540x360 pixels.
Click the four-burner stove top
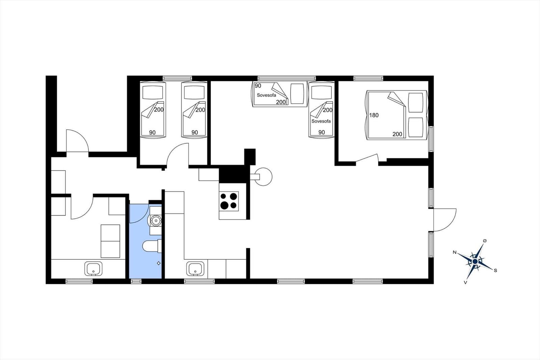click(229, 201)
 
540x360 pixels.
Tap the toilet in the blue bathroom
click(152, 246)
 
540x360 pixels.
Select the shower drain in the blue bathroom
click(159, 263)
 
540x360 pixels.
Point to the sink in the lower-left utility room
click(93, 268)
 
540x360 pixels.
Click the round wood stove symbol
click(263, 177)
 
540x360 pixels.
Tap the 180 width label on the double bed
click(374, 115)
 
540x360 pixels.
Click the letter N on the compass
click(455, 252)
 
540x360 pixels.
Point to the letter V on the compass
click(465, 282)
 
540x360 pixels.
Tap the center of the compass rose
click(475, 261)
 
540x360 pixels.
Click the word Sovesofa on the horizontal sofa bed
click(266, 95)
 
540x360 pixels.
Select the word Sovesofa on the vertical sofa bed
click(321, 121)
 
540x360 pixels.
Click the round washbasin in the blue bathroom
click(156, 220)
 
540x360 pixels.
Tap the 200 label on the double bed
click(397, 134)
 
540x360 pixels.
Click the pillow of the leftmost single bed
click(153, 93)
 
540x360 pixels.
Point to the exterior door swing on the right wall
click(445, 220)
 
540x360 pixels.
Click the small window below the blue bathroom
click(136, 281)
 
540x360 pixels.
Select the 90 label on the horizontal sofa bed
click(258, 86)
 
